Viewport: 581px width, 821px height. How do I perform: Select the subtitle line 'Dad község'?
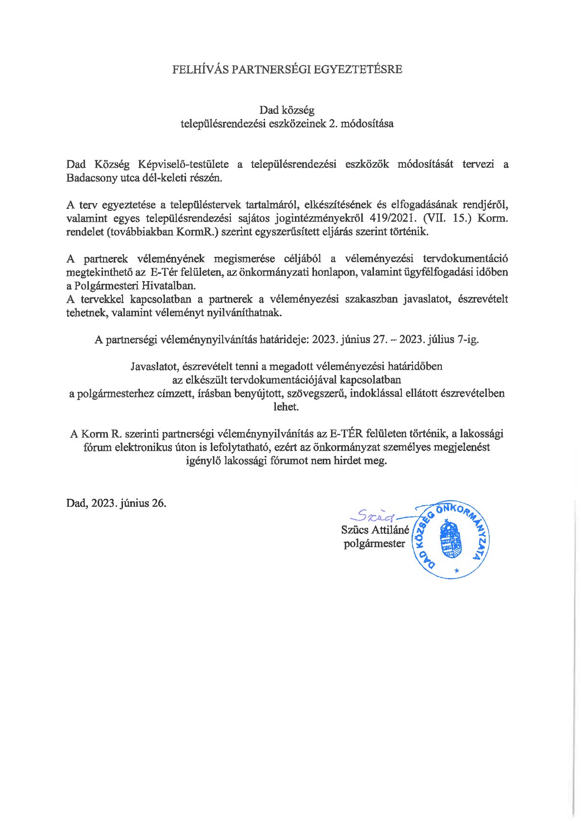point(287,110)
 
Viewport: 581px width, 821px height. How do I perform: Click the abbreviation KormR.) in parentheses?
point(196,232)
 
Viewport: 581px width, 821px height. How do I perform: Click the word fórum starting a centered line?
point(98,447)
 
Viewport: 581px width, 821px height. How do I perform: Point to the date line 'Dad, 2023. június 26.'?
point(116,503)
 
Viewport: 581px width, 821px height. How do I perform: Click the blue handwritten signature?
point(374,514)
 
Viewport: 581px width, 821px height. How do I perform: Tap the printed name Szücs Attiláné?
point(375,530)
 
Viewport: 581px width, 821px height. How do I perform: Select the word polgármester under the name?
point(374,543)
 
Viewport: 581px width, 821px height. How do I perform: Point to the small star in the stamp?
point(456,570)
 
